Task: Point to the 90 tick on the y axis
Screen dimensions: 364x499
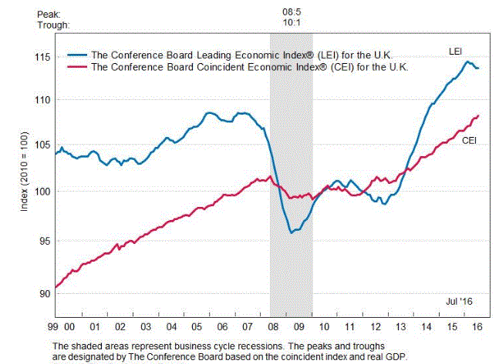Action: [42, 293]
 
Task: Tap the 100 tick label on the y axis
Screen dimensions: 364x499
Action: [40, 191]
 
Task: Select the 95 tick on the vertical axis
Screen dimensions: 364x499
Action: [42, 241]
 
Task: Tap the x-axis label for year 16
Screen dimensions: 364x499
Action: [473, 326]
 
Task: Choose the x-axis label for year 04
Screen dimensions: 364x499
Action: [180, 326]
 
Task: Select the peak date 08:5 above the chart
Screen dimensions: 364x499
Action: [291, 12]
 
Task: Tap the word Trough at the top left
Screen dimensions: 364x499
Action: [54, 25]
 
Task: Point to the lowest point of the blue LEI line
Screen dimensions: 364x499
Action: [291, 232]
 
